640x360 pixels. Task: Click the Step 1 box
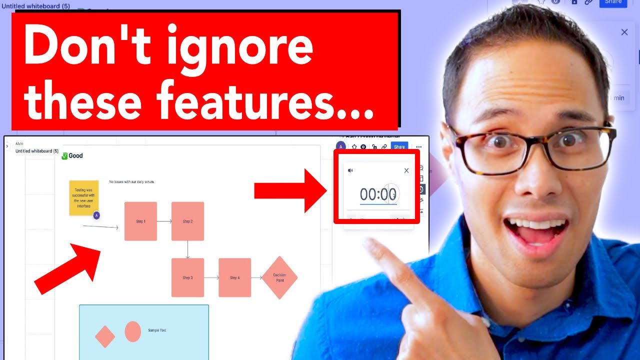(x=140, y=221)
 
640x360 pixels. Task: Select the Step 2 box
(x=187, y=221)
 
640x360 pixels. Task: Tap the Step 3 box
(x=187, y=277)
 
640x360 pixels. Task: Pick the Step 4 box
(x=234, y=277)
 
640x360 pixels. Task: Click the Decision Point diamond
(x=279, y=277)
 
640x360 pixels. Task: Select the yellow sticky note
(x=83, y=198)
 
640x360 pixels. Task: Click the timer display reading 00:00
(x=378, y=194)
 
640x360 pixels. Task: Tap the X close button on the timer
(x=406, y=170)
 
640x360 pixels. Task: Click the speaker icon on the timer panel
(x=350, y=170)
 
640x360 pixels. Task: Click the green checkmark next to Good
(x=64, y=156)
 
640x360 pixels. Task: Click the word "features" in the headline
(x=265, y=100)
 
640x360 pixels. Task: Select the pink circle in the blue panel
(x=132, y=331)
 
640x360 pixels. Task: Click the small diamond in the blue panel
(x=105, y=336)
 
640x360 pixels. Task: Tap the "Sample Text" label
(x=157, y=330)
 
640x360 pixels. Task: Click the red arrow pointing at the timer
(x=290, y=190)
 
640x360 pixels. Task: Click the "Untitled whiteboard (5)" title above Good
(x=37, y=151)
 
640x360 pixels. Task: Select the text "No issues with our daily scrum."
(x=132, y=182)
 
